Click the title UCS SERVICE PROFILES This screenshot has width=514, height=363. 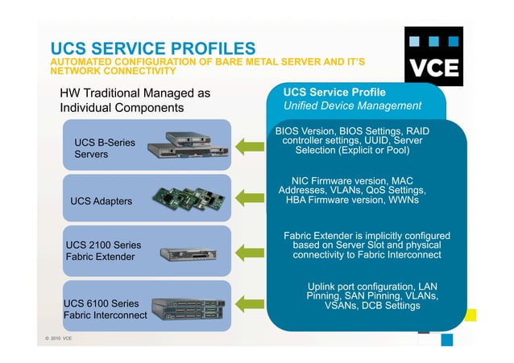153,49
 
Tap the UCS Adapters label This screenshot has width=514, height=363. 102,200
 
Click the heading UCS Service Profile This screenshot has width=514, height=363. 334,92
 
